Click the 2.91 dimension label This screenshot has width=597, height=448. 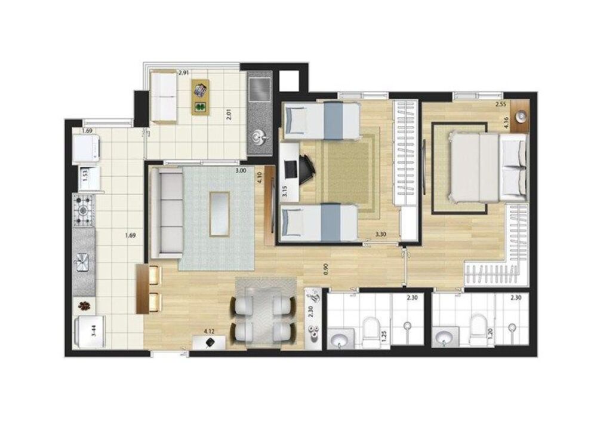(x=184, y=73)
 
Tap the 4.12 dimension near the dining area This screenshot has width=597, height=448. (x=209, y=330)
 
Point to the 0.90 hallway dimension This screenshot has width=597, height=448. (x=325, y=269)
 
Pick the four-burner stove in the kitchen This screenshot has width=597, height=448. (x=84, y=210)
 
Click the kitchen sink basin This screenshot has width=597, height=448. (x=83, y=260)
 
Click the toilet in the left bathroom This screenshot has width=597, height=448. (x=370, y=329)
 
